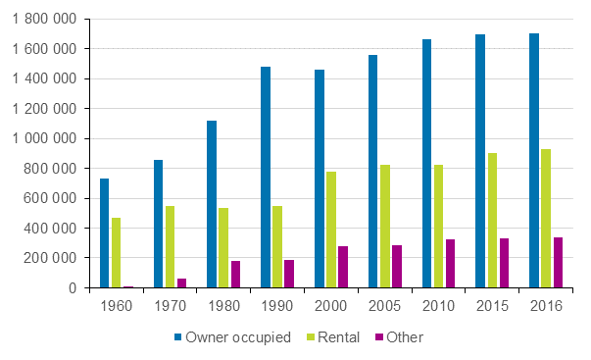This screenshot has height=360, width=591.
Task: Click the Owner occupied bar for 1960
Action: pyautogui.click(x=105, y=233)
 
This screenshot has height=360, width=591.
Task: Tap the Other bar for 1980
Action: pyautogui.click(x=235, y=275)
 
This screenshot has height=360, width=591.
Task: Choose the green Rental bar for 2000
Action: pyautogui.click(x=331, y=230)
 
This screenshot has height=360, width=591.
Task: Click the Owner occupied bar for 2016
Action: pyautogui.click(x=534, y=161)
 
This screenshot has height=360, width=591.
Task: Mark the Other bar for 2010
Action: pyautogui.click(x=450, y=264)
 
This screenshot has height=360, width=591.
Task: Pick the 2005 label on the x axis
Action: pyautogui.click(x=384, y=306)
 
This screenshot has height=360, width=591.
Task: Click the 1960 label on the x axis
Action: pyautogui.click(x=116, y=306)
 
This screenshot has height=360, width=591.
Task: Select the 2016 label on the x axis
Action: pyautogui.click(x=545, y=306)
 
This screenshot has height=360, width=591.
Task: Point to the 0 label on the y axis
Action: pyautogui.click(x=74, y=288)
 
